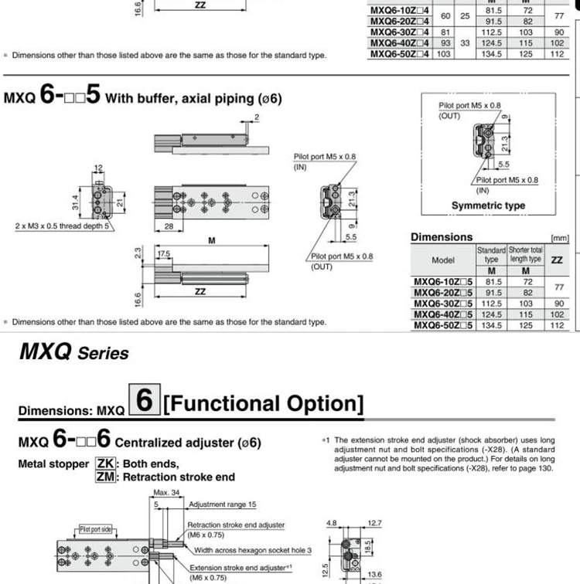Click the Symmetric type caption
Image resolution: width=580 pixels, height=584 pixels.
click(488, 205)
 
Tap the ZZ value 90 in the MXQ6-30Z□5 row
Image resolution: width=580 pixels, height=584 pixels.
click(558, 304)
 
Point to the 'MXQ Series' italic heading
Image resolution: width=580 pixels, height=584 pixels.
click(73, 353)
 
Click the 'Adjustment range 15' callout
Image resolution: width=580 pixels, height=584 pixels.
click(223, 504)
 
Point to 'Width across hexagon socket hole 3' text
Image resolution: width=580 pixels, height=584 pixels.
click(253, 550)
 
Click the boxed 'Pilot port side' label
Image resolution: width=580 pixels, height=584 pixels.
click(96, 529)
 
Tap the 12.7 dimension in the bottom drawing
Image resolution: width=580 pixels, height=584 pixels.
click(375, 523)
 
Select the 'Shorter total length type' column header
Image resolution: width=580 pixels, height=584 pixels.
click(526, 254)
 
